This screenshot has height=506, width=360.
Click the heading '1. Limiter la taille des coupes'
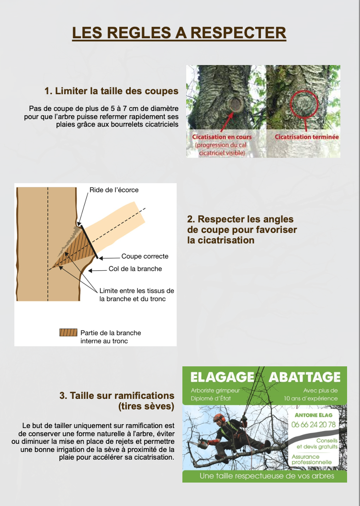coord(112,91)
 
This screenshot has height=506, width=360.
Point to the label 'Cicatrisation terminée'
coord(307,137)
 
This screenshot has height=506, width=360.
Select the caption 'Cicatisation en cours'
coord(222,137)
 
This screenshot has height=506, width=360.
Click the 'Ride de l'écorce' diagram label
coord(114,190)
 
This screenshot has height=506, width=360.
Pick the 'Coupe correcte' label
coord(145,256)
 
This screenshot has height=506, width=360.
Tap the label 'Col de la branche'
coord(135,269)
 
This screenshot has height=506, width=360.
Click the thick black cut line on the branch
coord(90,242)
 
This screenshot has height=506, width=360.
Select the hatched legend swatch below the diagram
coord(68,332)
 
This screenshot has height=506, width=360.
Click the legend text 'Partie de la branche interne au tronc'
coord(111,337)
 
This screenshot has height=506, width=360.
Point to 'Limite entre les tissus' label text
coord(137,291)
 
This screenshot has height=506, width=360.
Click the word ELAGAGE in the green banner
coord(222,377)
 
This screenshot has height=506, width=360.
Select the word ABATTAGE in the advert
coord(304,377)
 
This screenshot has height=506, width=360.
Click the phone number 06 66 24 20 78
coord(314,424)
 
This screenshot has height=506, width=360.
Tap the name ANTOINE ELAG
coord(314,415)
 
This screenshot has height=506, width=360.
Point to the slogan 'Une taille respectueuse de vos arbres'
coord(267,476)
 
